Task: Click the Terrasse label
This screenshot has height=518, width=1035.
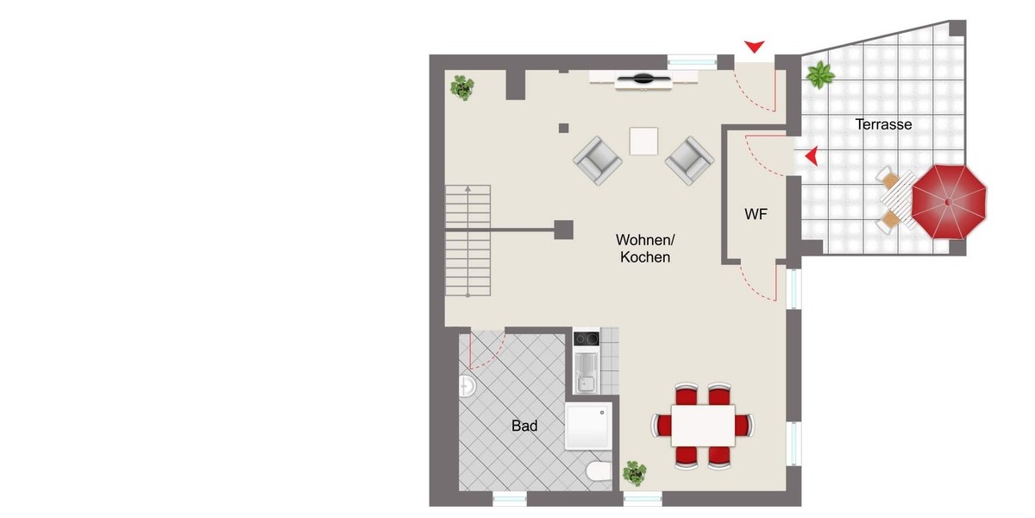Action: click(x=883, y=124)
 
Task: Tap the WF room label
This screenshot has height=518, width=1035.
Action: click(x=756, y=214)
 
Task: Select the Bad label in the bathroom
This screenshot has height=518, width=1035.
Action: click(x=524, y=426)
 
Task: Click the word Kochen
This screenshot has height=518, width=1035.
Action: click(x=645, y=257)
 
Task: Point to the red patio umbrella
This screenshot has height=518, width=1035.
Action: click(x=949, y=202)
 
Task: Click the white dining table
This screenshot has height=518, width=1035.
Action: click(x=703, y=425)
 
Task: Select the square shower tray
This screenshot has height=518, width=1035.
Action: click(x=588, y=426)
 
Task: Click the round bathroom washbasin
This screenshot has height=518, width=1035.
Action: click(x=467, y=385)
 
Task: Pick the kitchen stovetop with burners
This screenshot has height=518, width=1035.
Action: click(x=586, y=338)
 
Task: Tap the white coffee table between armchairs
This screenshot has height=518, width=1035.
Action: click(x=643, y=141)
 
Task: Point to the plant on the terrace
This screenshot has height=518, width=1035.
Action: click(x=819, y=75)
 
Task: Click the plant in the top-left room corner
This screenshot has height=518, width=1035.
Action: click(x=463, y=86)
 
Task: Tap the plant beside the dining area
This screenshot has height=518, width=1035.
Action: click(x=635, y=472)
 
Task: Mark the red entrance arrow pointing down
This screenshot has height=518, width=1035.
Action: click(x=756, y=46)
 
